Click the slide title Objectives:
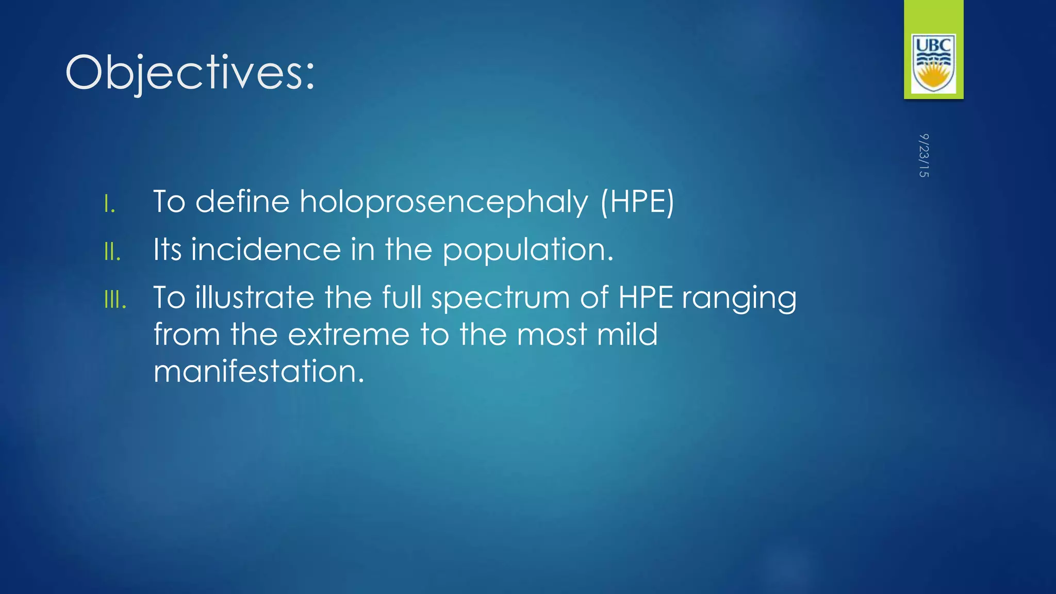pyautogui.click(x=190, y=73)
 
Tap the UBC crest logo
pyautogui.click(x=933, y=63)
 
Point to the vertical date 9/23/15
pyautogui.click(x=923, y=155)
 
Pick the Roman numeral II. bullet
pyautogui.click(x=112, y=252)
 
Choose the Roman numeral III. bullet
pyautogui.click(x=115, y=300)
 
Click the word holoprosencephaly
pyautogui.click(x=444, y=202)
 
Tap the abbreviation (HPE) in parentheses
pyautogui.click(x=637, y=202)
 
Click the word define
pyautogui.click(x=242, y=202)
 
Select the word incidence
pyautogui.click(x=266, y=250)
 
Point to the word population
pyautogui.click(x=527, y=251)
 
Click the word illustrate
pyautogui.click(x=254, y=298)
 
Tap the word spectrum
pyautogui.click(x=501, y=299)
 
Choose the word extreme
pyautogui.click(x=348, y=335)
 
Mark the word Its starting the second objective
pyautogui.click(x=168, y=250)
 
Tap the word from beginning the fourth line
pyautogui.click(x=187, y=335)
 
